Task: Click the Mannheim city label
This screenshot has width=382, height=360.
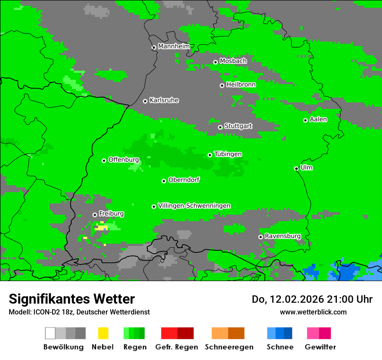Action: point(174,46)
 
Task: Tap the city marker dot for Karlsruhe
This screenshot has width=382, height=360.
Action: point(145,101)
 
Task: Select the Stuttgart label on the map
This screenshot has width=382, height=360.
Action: point(238,126)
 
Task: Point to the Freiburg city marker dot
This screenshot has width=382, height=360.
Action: point(95,215)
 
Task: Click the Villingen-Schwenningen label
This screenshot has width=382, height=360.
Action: point(194,206)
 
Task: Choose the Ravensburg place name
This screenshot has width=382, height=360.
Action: point(283,236)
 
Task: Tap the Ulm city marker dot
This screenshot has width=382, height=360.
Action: point(296,168)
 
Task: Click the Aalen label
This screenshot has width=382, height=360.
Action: point(318,119)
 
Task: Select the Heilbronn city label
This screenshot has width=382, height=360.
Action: point(241,85)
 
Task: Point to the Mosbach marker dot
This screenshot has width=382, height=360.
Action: point(215,62)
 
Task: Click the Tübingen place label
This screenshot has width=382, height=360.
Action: point(228,154)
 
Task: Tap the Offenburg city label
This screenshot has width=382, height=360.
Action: point(124,160)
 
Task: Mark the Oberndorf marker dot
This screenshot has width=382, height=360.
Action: point(164,181)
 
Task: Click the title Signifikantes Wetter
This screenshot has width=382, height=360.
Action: point(72,299)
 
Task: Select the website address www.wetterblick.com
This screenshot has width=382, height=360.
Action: point(313,312)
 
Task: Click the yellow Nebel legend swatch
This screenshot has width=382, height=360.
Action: point(103,333)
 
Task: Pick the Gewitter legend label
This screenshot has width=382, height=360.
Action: point(320,347)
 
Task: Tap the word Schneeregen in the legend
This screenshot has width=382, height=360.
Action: point(229,347)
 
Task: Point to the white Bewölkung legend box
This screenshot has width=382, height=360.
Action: point(50,333)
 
